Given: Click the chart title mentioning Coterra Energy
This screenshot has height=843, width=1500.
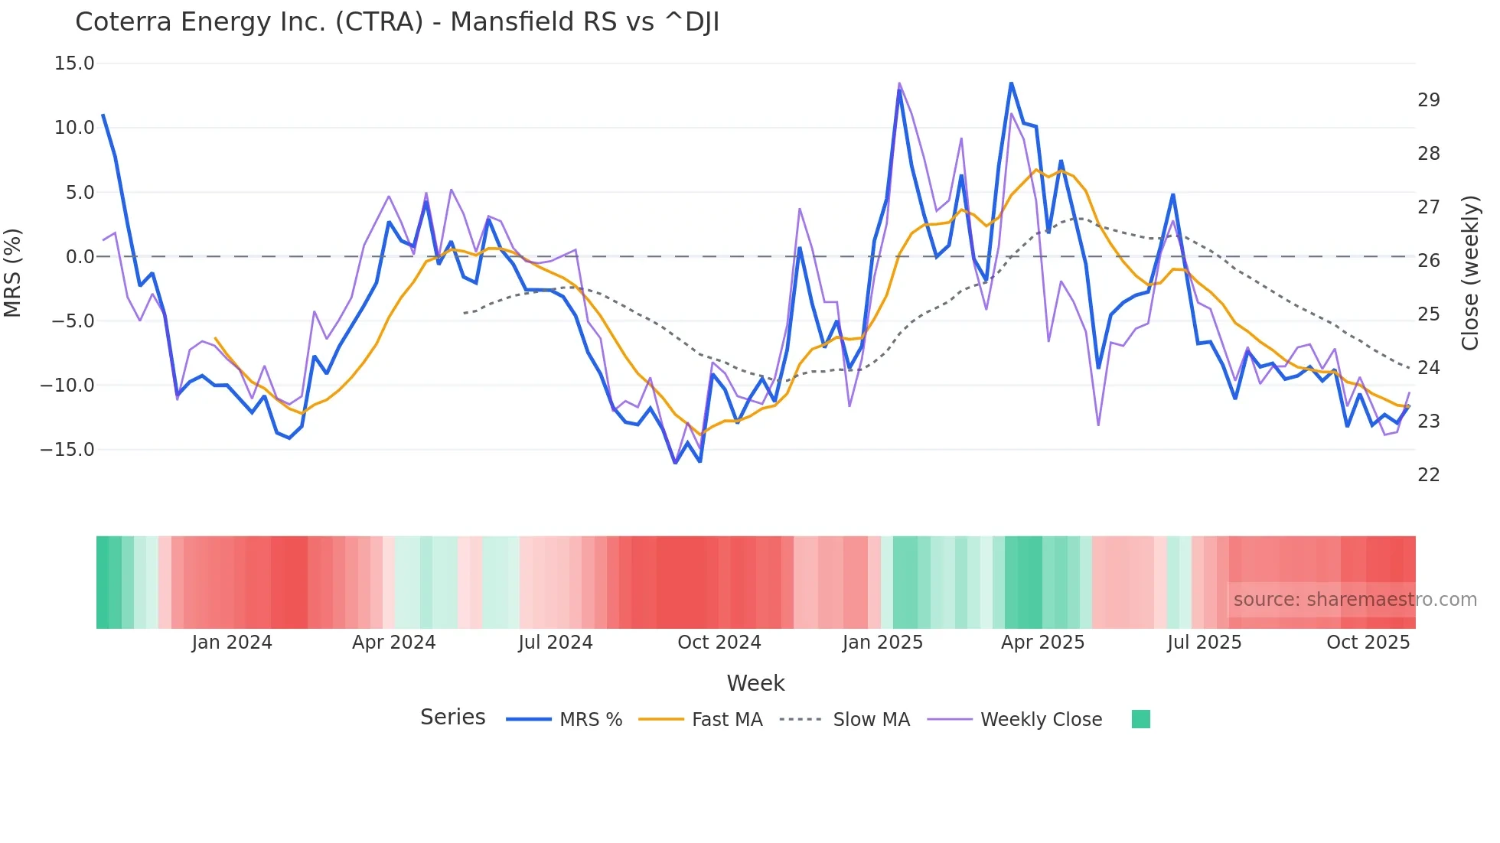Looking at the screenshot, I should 396,22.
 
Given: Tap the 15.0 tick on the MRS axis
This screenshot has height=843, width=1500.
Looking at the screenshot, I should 74,63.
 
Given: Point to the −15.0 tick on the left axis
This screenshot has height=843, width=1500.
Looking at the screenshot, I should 68,450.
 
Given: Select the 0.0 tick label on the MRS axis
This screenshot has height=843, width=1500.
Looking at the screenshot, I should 80,257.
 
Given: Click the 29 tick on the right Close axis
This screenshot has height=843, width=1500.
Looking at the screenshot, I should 1428,100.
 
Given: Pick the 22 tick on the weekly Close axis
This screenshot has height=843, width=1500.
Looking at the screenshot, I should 1428,475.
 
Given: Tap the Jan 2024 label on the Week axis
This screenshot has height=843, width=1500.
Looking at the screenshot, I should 232,643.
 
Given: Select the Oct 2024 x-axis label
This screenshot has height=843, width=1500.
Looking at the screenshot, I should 719,643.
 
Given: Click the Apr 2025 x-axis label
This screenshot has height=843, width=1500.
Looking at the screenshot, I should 1042,643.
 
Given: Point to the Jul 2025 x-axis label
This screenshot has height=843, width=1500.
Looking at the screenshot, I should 1204,643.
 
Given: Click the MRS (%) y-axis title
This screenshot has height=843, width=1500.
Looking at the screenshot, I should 13,272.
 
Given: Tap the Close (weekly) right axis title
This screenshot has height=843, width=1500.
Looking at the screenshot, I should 1469,272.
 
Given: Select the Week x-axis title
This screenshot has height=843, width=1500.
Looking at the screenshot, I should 755,683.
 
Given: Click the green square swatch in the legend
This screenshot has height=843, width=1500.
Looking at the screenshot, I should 1140,719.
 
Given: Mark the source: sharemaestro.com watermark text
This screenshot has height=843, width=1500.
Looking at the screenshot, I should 1355,600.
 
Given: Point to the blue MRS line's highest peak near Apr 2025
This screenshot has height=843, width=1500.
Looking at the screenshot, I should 1011,83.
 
